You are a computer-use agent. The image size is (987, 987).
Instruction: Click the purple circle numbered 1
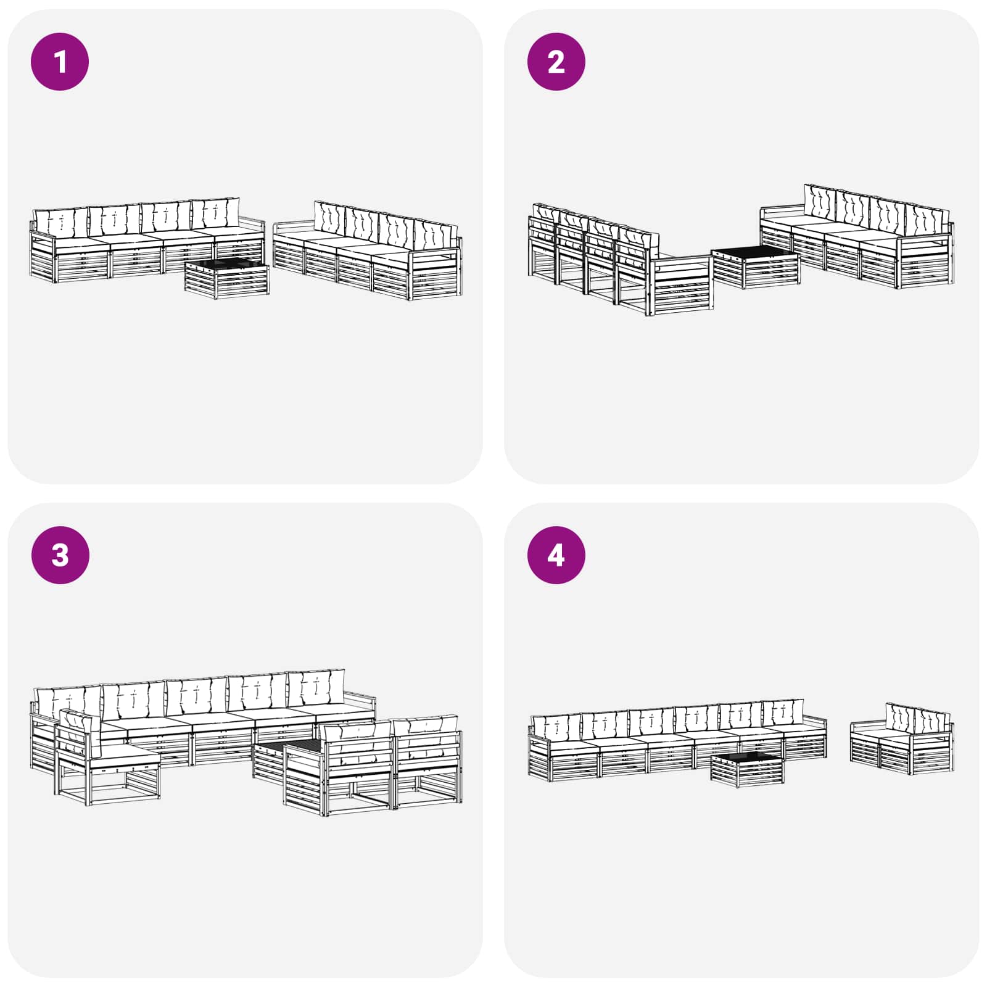pyautogui.click(x=60, y=62)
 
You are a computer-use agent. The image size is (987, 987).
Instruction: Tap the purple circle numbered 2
pyautogui.click(x=556, y=62)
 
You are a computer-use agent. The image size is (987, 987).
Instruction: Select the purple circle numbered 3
pyautogui.click(x=60, y=555)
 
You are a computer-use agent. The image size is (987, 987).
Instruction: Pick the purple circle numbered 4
pyautogui.click(x=556, y=555)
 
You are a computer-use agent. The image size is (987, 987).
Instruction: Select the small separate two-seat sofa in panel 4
pyautogui.click(x=902, y=740)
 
